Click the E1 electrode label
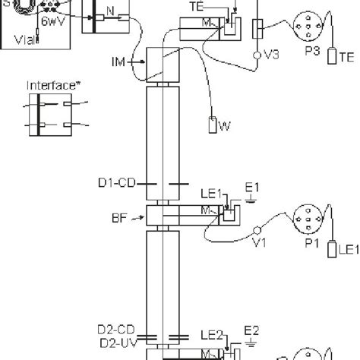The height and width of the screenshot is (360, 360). click(x=254, y=187)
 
